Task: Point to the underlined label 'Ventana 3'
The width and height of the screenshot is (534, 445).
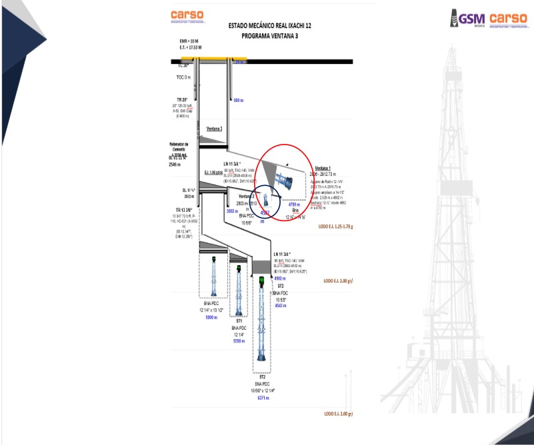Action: coord(214,129)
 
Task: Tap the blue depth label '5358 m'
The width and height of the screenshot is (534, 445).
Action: coord(239,340)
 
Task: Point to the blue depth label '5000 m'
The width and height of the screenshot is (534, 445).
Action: coord(211,318)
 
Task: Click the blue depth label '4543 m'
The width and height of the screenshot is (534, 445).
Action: coord(280,305)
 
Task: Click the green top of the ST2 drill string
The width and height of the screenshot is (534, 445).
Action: coord(261,280)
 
